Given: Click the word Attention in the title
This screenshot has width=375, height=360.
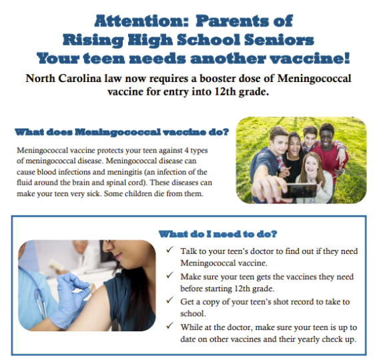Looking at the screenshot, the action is (x=139, y=21).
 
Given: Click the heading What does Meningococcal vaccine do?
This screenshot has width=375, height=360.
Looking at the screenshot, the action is (x=122, y=132).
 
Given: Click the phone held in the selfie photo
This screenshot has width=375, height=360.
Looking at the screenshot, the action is (x=299, y=191).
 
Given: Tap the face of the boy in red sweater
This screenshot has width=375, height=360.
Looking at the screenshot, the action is (x=328, y=136).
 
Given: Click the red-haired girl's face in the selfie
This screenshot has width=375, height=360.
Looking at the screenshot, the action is (x=312, y=165).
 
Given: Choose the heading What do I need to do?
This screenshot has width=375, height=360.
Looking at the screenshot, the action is (x=218, y=234).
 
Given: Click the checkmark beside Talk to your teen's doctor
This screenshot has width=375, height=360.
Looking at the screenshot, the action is (x=169, y=250).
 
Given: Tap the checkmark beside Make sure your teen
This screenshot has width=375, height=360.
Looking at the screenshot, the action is (x=169, y=275).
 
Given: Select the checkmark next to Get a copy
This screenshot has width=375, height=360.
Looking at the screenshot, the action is (x=169, y=300).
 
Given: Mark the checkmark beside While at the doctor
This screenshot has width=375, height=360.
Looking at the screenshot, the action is (x=169, y=325).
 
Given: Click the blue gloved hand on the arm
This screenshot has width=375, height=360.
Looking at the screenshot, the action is (x=72, y=290).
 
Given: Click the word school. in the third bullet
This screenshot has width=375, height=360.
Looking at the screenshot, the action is (x=193, y=313).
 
